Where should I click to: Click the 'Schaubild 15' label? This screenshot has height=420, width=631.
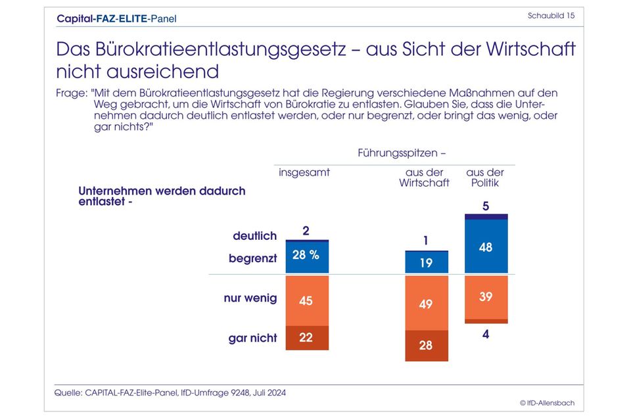click(551, 16)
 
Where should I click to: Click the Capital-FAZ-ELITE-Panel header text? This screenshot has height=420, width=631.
click(116, 18)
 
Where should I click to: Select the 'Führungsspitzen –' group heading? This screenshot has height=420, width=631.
click(402, 153)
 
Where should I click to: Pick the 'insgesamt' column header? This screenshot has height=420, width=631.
click(304, 173)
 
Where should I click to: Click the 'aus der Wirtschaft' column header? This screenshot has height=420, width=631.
click(425, 177)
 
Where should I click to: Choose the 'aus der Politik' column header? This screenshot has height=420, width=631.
click(485, 177)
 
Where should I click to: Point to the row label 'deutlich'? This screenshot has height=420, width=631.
click(254, 235)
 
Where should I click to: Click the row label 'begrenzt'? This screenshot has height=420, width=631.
click(252, 258)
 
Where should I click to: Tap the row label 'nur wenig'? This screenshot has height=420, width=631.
click(250, 298)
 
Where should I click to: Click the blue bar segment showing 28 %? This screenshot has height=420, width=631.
click(306, 258)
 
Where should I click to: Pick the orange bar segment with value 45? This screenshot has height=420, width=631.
click(306, 300)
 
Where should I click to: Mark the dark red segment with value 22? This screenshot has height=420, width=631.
click(306, 338)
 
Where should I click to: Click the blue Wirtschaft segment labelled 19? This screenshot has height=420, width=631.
click(426, 263)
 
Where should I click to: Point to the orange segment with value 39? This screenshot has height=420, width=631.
click(486, 297)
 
